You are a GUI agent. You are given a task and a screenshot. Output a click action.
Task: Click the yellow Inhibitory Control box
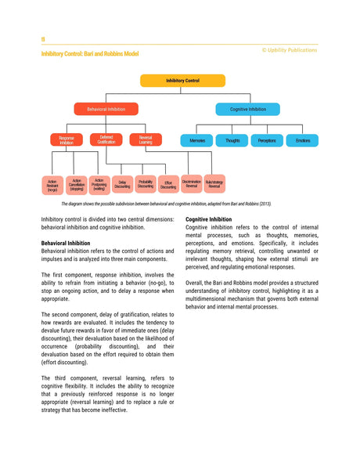[x=182, y=81]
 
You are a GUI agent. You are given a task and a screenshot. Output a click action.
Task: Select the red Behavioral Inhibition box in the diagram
[x=106, y=110]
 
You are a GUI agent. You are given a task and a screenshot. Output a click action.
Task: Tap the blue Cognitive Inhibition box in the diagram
[x=247, y=110]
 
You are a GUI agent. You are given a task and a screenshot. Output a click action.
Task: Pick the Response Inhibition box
[x=67, y=140]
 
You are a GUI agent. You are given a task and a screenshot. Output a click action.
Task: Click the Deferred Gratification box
[x=106, y=139]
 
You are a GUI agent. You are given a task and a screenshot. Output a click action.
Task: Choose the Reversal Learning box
[x=145, y=139]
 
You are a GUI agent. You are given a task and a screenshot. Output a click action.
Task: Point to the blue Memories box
[x=197, y=141]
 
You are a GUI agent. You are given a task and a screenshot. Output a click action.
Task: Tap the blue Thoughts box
[x=232, y=141]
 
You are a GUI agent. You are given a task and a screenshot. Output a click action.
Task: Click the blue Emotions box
[x=302, y=141]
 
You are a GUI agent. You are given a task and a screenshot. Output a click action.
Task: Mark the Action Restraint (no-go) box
[x=52, y=185]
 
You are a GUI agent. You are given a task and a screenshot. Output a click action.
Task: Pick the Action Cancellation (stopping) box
[x=77, y=184]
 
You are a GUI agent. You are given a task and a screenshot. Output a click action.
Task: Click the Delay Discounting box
[x=122, y=185]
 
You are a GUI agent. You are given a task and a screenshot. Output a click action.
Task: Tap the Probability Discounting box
[x=146, y=184]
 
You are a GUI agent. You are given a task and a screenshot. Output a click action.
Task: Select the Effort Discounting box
[x=168, y=185]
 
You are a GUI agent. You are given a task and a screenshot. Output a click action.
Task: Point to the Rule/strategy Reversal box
[x=214, y=184]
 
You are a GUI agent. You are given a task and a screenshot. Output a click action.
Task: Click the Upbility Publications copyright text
[x=290, y=49]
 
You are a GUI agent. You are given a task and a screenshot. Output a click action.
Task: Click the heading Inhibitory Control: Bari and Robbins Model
[x=89, y=53]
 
